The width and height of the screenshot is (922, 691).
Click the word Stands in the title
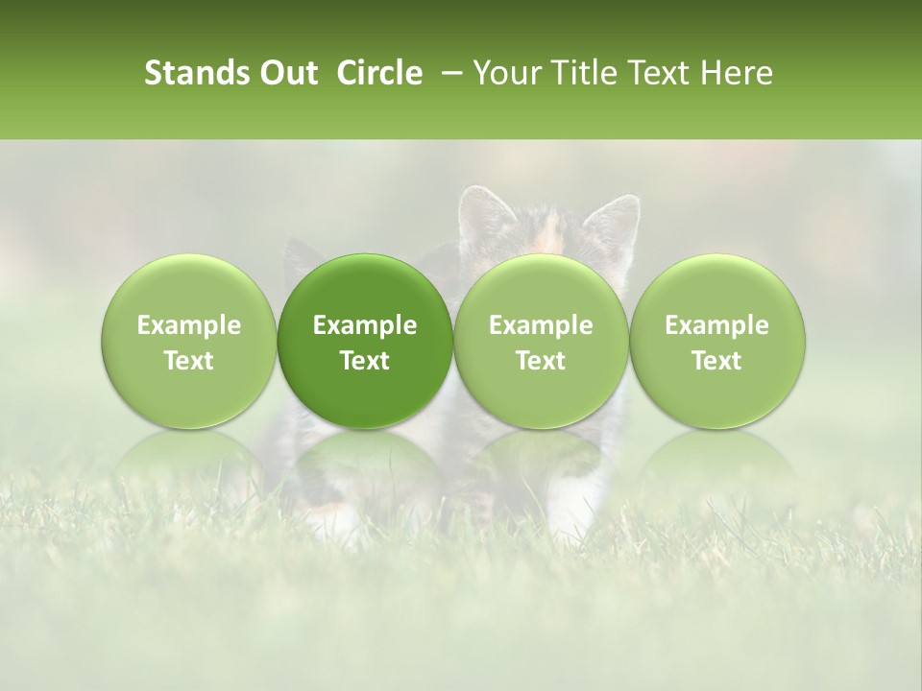point(196,73)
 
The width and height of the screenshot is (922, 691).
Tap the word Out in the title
point(286,73)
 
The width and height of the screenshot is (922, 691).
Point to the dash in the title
point(448,74)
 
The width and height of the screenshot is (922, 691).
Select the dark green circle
point(365,341)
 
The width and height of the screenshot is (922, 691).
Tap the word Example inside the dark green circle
point(365,325)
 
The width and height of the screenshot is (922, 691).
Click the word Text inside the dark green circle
point(365,360)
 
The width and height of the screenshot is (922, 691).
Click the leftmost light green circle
point(189,341)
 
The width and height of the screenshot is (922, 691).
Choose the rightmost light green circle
point(717,341)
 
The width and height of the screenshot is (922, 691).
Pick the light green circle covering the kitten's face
point(541,341)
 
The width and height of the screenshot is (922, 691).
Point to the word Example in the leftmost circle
point(189,325)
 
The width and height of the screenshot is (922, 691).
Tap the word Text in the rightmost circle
point(717,360)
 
